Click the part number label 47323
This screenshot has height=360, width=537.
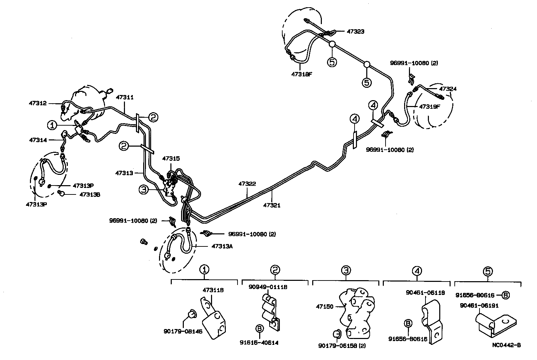[355, 31]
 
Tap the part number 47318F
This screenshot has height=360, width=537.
[301, 74]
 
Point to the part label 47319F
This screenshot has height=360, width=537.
[430, 107]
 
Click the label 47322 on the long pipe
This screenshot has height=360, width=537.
[247, 184]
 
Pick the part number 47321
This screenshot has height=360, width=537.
[272, 205]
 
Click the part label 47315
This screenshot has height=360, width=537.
[171, 158]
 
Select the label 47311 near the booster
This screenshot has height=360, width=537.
[124, 97]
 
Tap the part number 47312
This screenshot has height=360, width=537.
[38, 103]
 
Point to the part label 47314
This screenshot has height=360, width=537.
[38, 140]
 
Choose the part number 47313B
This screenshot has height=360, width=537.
[89, 194]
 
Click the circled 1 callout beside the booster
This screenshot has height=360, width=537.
[52, 125]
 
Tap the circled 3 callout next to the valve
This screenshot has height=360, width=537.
[144, 189]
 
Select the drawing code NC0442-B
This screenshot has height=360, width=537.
[505, 346]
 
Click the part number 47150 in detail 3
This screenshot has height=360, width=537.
[325, 306]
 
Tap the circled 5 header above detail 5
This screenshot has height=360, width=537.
[488, 271]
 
